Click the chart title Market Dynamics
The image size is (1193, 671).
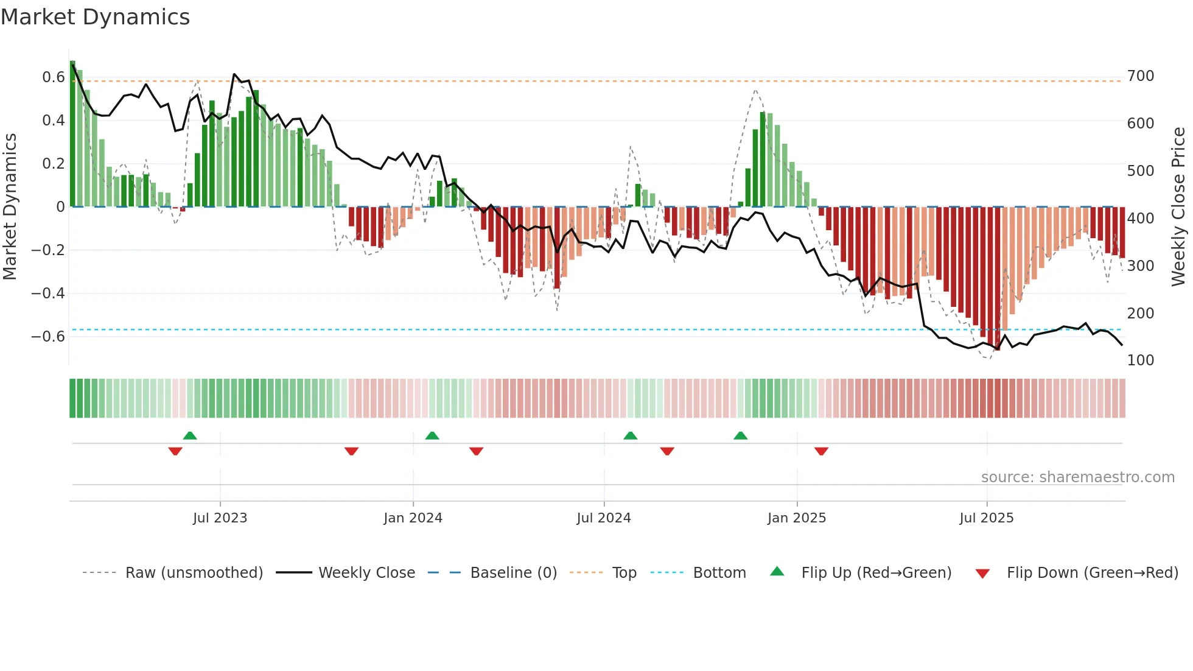(x=96, y=17)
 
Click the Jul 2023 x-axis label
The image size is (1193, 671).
(x=220, y=518)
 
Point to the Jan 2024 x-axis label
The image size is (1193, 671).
(x=413, y=518)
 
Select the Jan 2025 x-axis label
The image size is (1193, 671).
(x=796, y=518)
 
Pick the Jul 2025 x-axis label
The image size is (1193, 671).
(x=986, y=518)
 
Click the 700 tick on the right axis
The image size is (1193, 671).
(x=1140, y=76)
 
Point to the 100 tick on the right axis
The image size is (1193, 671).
(x=1140, y=360)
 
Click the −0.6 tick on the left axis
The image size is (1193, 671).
(x=48, y=337)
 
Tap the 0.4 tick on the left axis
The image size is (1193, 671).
(x=53, y=121)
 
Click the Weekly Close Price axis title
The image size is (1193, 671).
(x=1178, y=207)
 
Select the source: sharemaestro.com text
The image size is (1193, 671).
(x=1077, y=477)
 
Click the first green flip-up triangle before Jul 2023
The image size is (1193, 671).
(x=190, y=435)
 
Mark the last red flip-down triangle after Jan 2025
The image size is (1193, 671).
(x=821, y=451)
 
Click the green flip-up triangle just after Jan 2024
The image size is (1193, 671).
(x=432, y=435)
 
